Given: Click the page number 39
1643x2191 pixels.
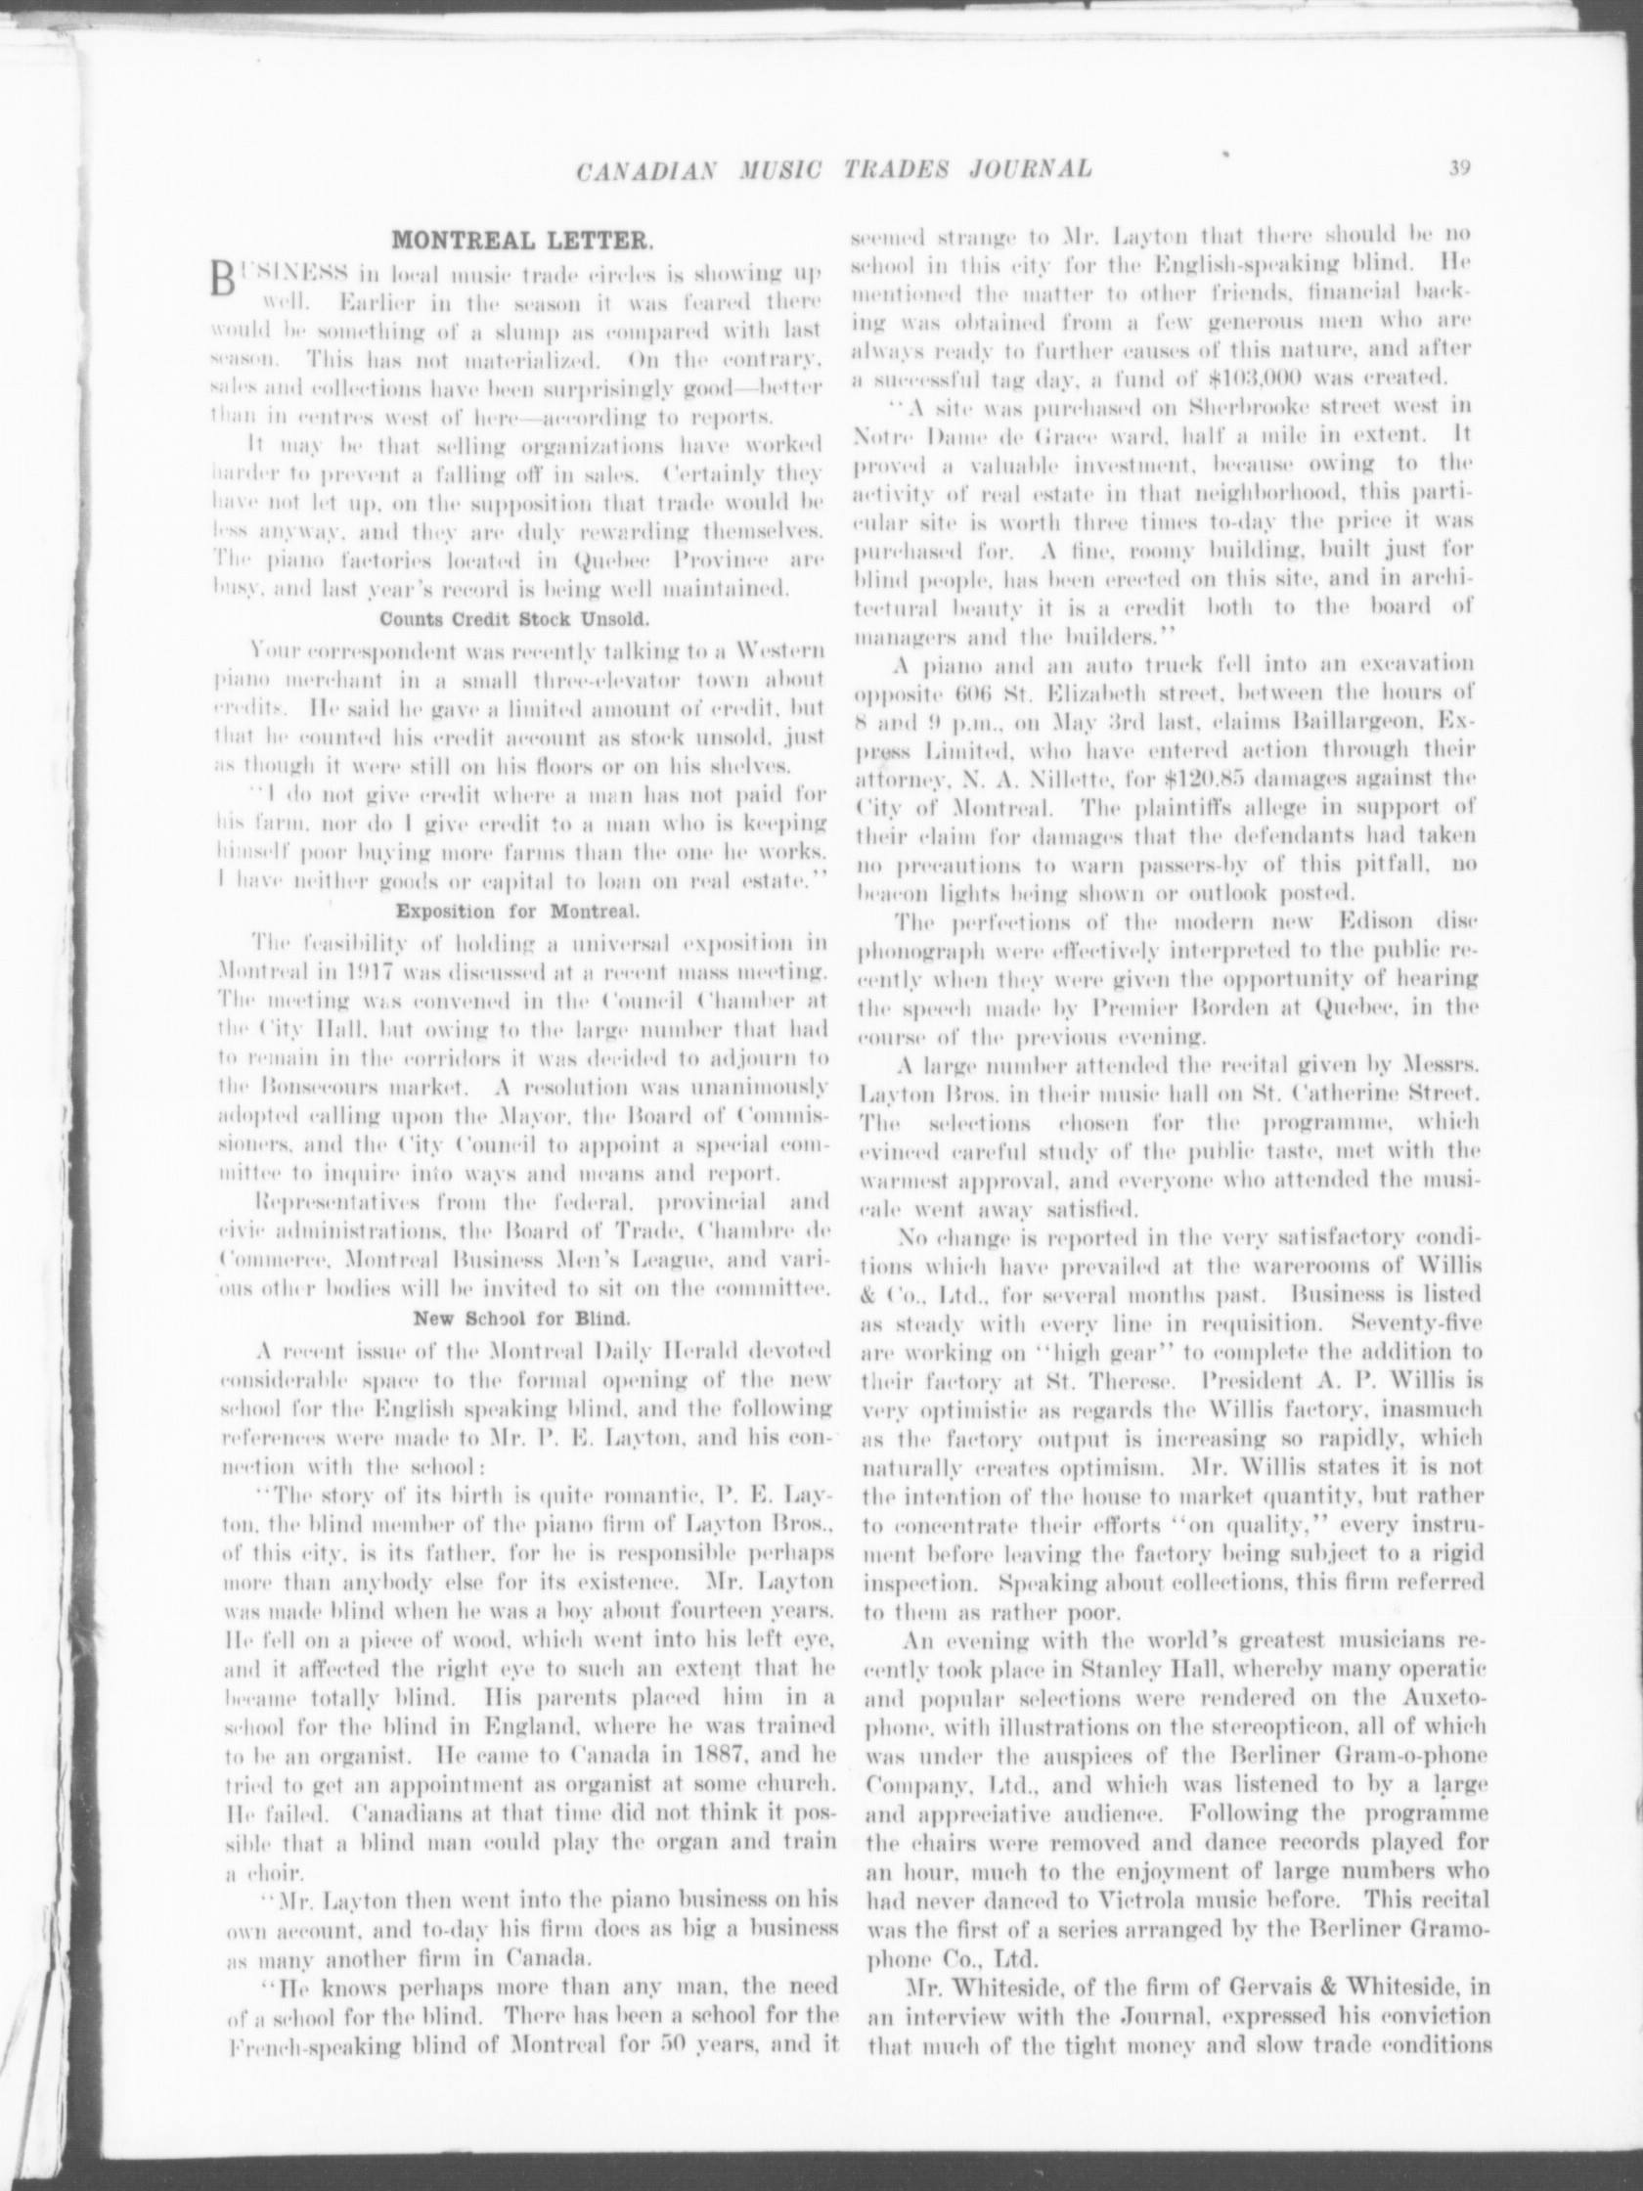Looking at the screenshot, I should click(1458, 166).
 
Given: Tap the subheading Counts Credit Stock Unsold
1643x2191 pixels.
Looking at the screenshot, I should click(516, 620).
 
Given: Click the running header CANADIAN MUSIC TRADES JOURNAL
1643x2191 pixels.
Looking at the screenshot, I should click(834, 168).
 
